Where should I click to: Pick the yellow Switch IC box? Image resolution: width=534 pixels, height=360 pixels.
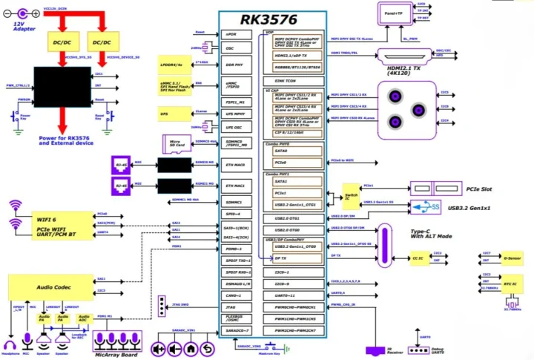352,194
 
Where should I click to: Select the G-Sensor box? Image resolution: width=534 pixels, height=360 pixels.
512,259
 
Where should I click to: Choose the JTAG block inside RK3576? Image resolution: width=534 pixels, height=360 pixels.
231,307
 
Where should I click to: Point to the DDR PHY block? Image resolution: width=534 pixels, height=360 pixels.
231,65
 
